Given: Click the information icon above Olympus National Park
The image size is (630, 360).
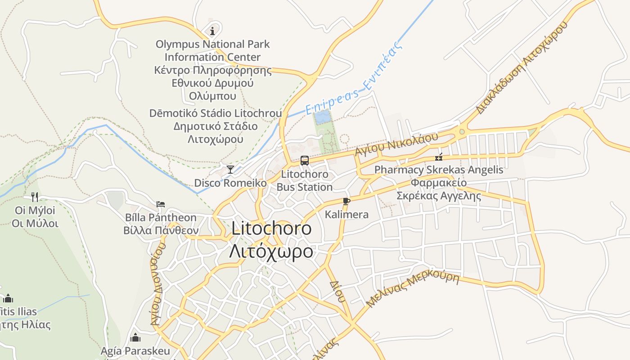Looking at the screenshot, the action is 212,31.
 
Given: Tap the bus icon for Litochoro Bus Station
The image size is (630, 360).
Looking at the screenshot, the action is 305,160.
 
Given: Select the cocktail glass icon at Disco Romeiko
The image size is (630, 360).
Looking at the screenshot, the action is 230,170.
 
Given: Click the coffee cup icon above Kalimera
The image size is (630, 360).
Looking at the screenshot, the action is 346,201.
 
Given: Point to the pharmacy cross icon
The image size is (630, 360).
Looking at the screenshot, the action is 439,157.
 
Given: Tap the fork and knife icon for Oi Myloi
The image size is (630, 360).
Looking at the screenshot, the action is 35,197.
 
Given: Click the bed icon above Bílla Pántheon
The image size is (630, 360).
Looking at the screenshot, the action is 161,204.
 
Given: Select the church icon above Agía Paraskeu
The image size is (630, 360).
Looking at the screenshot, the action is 135,337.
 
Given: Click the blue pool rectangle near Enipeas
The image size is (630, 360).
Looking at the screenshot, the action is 321,118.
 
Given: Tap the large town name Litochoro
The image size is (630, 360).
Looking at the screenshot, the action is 271,229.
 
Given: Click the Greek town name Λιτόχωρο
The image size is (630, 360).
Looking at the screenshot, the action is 271,251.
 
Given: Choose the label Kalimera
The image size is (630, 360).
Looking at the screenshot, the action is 346,215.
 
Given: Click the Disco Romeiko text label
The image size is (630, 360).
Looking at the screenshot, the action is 230,183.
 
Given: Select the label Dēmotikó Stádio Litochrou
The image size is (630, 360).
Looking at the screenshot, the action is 216,113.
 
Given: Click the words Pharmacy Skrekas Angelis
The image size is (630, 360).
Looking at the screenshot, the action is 439,170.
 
